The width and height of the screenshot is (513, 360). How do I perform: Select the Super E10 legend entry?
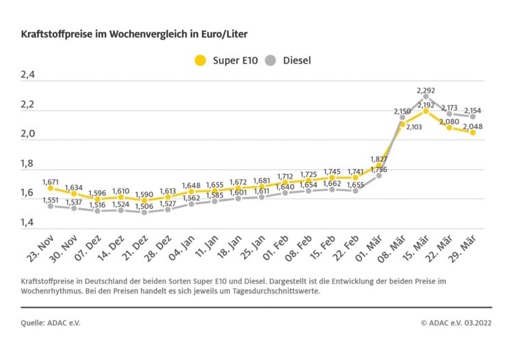coord(226,60)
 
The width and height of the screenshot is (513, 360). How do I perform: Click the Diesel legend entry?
coord(287,60)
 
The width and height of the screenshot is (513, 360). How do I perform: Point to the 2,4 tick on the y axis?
coord(29,75)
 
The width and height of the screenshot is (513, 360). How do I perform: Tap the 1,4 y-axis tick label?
coord(29,222)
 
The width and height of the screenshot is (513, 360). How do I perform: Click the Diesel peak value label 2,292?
coord(425,90)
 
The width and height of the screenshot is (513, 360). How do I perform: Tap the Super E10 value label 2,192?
coord(426,105)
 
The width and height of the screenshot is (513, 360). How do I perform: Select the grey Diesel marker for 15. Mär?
coord(425,97)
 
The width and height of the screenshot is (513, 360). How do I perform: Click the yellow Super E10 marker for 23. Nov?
coord(51,188)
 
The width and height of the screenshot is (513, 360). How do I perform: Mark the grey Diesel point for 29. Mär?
coord(472,116)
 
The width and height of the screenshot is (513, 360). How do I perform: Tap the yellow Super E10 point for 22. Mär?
coord(449,127)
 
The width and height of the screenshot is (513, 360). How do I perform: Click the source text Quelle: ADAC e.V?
coord(51,322)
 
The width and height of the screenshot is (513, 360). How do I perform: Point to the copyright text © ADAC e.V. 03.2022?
coord(456,322)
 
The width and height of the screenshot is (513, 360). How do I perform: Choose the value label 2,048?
coord(472,127)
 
